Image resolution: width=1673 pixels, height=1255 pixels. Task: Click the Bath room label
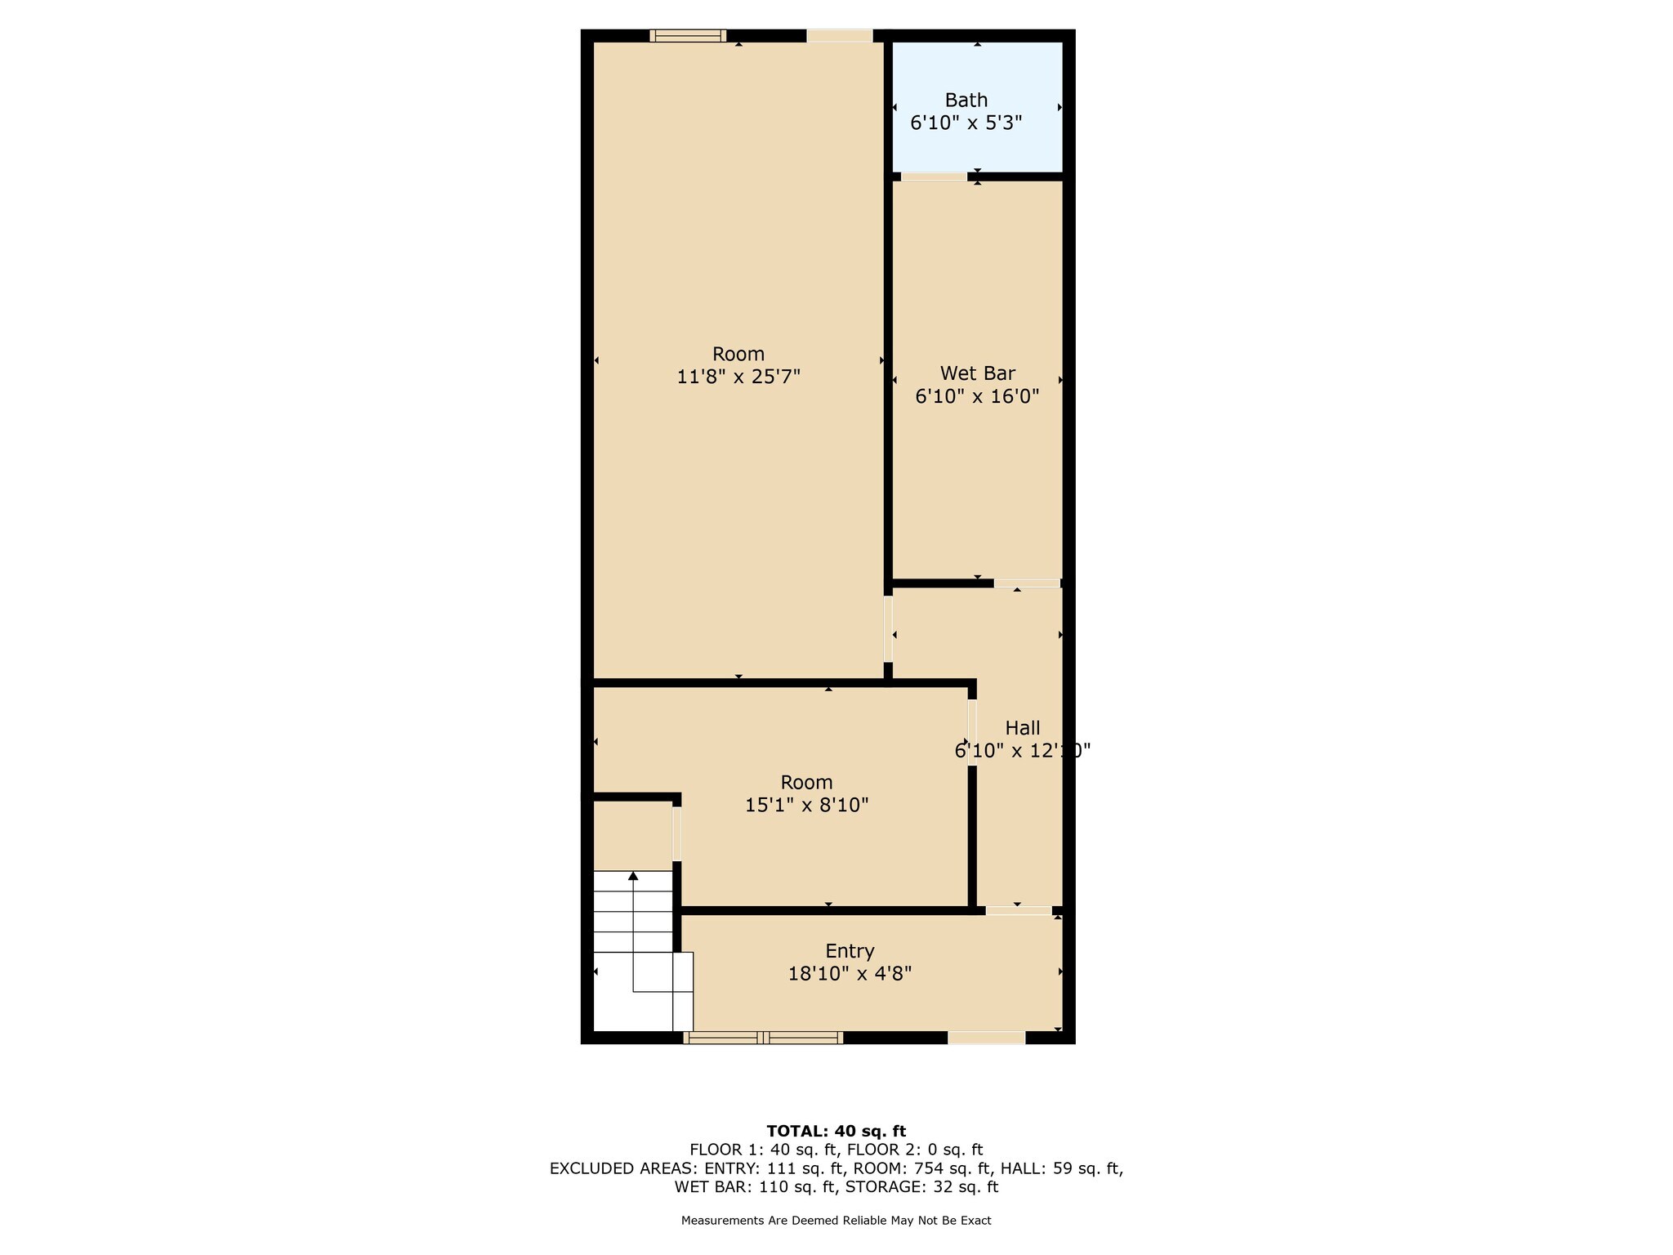point(966,100)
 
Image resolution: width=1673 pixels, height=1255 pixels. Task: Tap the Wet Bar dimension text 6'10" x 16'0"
point(977,396)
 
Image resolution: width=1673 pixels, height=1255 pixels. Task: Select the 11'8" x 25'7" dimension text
point(738,377)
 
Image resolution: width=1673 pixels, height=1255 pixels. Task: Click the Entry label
point(850,951)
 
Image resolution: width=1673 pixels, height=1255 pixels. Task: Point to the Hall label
point(1022,727)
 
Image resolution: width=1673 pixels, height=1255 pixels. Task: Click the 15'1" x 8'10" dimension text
point(806,805)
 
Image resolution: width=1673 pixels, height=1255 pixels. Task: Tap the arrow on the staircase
point(633,877)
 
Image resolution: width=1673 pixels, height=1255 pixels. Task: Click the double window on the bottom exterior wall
point(763,1038)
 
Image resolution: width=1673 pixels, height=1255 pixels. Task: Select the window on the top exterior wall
point(688,35)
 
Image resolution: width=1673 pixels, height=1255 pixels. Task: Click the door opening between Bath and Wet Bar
point(934,176)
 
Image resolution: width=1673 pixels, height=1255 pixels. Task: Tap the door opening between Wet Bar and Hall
point(1027,583)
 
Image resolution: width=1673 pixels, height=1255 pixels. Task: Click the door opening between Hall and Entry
point(1018,910)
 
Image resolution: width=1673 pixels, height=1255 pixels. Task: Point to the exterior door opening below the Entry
point(986,1038)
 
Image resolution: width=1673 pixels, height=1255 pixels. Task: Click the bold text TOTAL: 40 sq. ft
point(836,1132)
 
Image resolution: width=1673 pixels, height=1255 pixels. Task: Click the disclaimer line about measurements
point(836,1221)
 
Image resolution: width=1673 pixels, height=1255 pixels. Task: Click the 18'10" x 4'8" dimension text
point(850,974)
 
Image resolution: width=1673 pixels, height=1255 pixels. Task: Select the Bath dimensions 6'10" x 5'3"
point(966,123)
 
